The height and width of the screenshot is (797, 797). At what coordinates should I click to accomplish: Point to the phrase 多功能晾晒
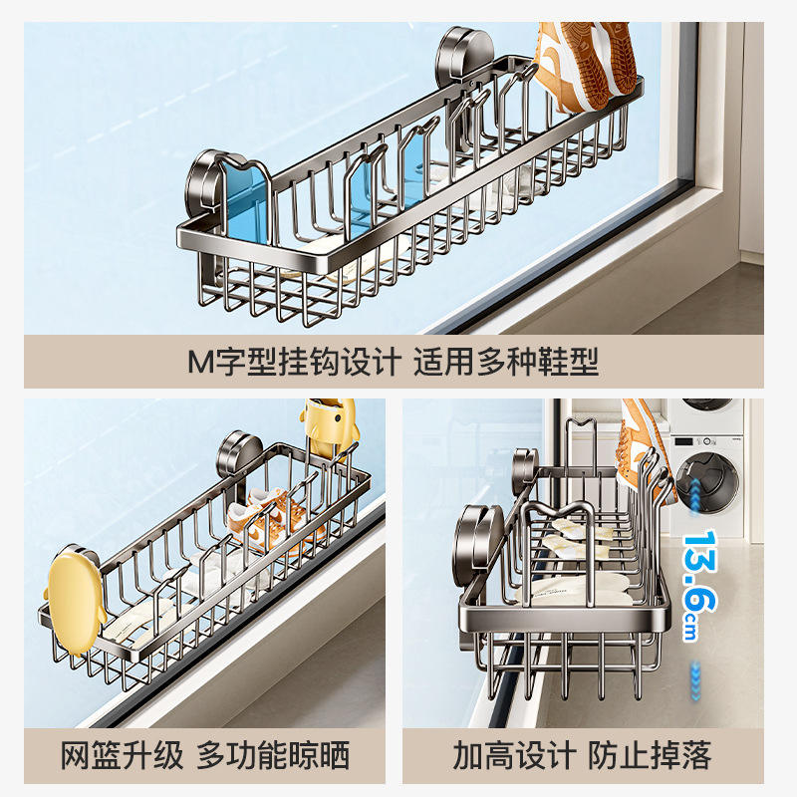(273, 754)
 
